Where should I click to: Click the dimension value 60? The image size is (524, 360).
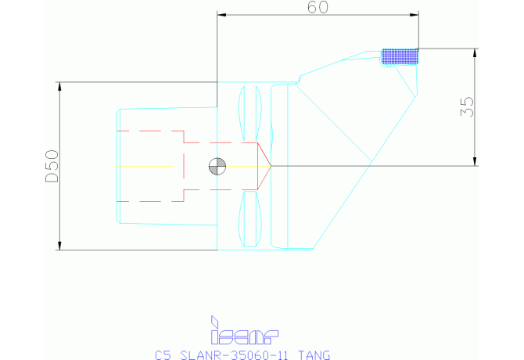point(317,7)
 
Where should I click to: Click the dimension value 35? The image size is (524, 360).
point(467,106)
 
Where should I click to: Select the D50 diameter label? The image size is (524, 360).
point(52,166)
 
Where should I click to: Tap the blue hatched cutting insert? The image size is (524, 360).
point(400,56)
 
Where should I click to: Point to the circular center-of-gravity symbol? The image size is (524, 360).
point(217,166)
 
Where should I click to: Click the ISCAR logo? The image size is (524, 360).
point(245,332)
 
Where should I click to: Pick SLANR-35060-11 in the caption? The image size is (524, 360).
point(232,355)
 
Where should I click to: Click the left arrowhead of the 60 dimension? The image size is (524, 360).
point(221,15)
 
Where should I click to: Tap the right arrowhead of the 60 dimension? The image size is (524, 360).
point(415,15)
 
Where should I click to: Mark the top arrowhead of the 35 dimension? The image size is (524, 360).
point(475,52)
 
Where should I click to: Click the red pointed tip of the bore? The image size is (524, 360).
point(269,166)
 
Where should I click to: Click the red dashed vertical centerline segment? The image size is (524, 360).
point(183,166)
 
